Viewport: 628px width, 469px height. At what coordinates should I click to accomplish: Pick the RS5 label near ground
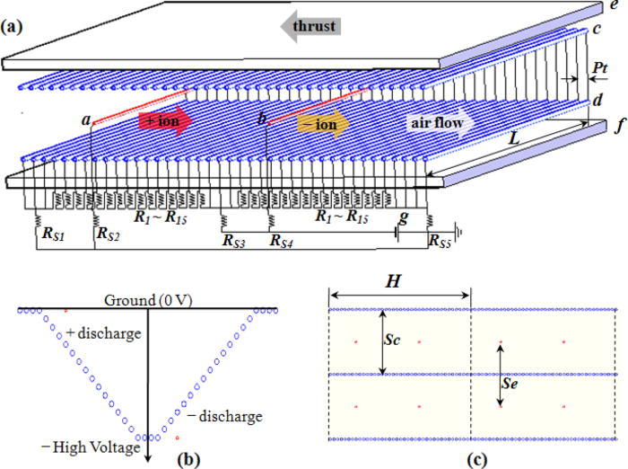pyautogui.click(x=440, y=242)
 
